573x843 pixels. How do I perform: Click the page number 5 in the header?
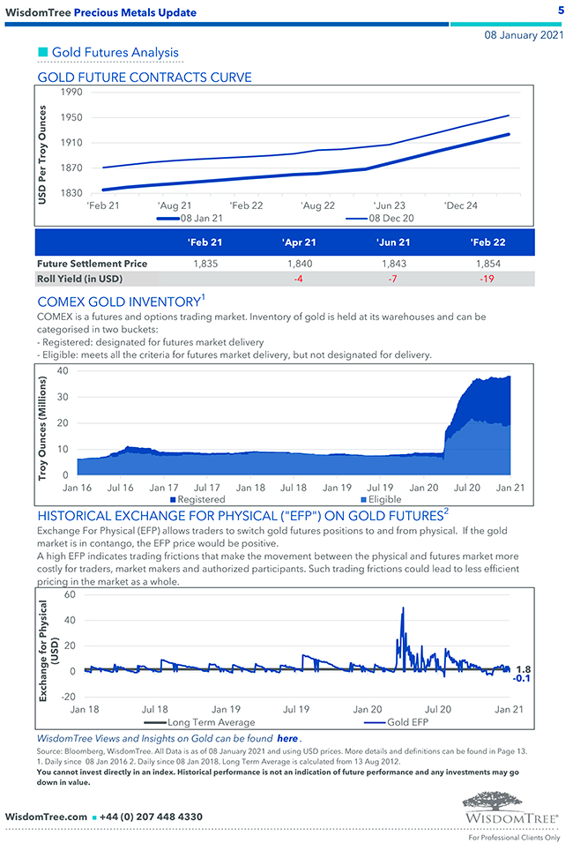(x=561, y=11)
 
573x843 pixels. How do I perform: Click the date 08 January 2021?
(x=524, y=35)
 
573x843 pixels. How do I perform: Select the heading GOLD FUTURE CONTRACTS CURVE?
(x=145, y=78)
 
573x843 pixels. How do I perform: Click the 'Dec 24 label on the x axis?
(x=461, y=205)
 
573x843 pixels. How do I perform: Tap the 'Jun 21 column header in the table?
(x=390, y=242)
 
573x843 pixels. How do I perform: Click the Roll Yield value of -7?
(x=390, y=279)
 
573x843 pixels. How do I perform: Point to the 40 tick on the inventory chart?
(x=63, y=370)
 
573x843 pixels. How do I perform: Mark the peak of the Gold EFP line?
(x=403, y=608)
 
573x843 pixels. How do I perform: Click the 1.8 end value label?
(x=522, y=669)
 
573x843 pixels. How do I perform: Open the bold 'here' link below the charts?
(x=286, y=737)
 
